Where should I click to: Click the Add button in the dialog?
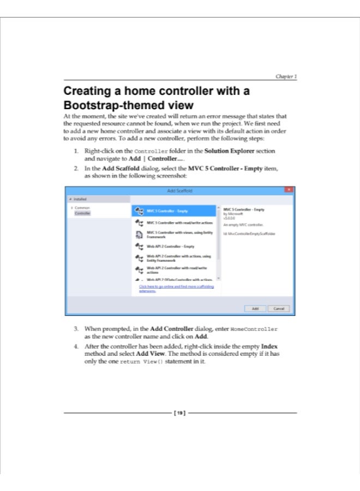(x=255, y=308)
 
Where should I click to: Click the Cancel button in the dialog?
(x=278, y=308)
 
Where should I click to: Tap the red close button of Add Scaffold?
(x=289, y=190)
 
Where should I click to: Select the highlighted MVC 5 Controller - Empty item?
(x=174, y=211)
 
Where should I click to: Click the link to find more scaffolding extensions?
(x=176, y=289)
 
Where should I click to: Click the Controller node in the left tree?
(x=82, y=213)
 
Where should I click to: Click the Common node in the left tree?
(x=83, y=208)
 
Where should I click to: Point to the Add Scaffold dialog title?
(x=179, y=190)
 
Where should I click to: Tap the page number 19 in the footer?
(x=179, y=413)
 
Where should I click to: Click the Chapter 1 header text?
(x=286, y=77)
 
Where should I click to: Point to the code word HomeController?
(x=254, y=330)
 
